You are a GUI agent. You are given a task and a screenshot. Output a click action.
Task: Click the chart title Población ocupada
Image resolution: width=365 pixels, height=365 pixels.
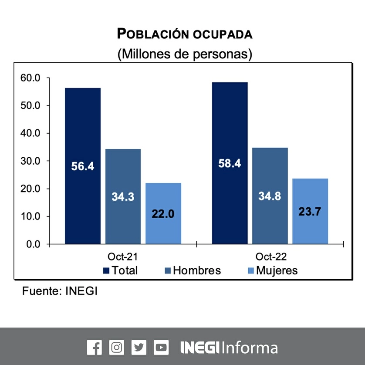(185, 34)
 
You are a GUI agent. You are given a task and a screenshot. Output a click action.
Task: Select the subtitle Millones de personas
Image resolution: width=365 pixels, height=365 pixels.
(185, 54)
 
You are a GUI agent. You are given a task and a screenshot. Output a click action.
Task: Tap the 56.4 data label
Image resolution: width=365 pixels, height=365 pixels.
(83, 166)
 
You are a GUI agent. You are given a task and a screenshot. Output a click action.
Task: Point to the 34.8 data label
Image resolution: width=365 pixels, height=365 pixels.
(270, 196)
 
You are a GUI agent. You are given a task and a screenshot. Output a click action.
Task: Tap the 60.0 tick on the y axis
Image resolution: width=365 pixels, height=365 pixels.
(30, 78)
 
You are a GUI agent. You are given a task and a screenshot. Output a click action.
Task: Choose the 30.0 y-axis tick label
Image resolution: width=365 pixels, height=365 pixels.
(30, 161)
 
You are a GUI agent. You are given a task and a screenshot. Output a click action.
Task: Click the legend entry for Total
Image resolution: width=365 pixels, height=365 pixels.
(121, 270)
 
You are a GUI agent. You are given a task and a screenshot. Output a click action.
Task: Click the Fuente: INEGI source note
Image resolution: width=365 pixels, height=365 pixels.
(60, 291)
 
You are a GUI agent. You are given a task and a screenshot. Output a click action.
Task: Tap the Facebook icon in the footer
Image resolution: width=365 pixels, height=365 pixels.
(94, 347)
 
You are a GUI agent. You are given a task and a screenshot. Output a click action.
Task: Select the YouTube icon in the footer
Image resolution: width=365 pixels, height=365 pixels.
(161, 347)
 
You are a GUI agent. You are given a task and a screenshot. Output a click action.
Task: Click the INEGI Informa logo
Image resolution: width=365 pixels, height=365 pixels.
(229, 347)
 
